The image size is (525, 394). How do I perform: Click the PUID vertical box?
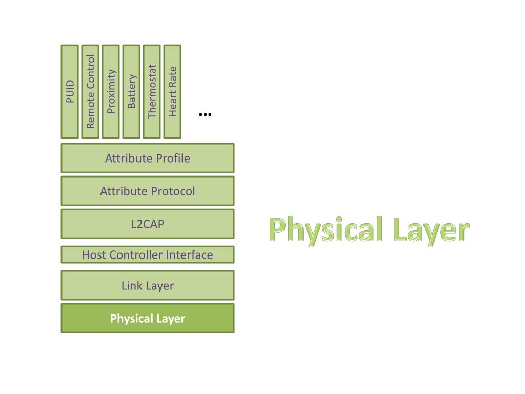click(70, 92)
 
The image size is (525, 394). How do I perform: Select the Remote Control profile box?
click(90, 92)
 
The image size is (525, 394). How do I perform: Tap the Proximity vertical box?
click(111, 92)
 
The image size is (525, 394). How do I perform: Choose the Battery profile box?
click(131, 92)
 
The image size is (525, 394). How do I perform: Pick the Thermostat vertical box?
click(152, 92)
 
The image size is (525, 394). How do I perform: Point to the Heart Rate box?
click(172, 92)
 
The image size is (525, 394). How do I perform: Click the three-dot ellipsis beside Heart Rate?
click(205, 114)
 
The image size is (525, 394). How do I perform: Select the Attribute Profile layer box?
click(148, 158)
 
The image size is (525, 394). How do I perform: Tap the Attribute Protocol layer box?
click(148, 191)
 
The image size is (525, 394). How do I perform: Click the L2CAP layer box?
click(148, 224)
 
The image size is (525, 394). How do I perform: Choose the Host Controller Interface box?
click(148, 254)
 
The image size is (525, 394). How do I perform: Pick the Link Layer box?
click(148, 285)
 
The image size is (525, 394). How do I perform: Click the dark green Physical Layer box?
click(148, 318)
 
